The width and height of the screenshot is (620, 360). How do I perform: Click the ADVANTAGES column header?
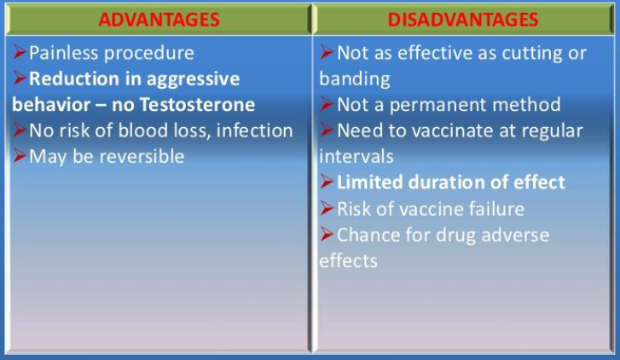pyautogui.click(x=159, y=20)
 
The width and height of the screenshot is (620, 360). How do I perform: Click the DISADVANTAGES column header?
pyautogui.click(x=463, y=20)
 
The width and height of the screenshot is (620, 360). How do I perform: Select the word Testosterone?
pyautogui.click(x=197, y=105)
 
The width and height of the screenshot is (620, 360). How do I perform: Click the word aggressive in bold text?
pyautogui.click(x=194, y=79)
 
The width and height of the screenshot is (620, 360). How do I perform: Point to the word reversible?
pyautogui.click(x=142, y=156)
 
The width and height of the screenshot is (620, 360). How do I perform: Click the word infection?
pyautogui.click(x=255, y=131)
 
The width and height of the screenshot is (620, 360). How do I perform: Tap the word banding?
pyautogui.click(x=355, y=79)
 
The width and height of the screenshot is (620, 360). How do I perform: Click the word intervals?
pyautogui.click(x=356, y=156)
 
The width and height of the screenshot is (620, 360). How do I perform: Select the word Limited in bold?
pyautogui.click(x=370, y=183)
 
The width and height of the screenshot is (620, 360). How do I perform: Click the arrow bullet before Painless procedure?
pyautogui.click(x=20, y=52)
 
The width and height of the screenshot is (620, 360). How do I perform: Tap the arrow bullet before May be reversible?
pyautogui.click(x=20, y=155)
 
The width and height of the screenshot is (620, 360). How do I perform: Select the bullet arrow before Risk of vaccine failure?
pyautogui.click(x=327, y=207)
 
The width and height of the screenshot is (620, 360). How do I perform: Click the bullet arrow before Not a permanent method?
pyautogui.click(x=327, y=104)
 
